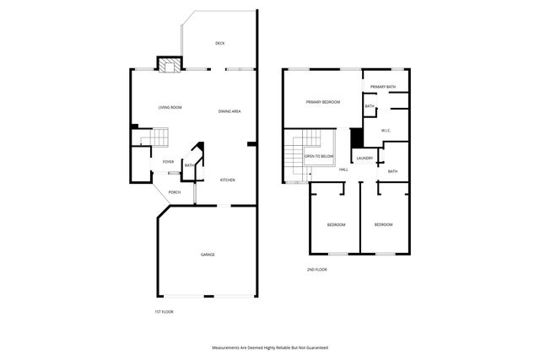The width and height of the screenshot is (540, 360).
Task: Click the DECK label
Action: tap(219, 43)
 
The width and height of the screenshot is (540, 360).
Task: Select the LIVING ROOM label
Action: tap(170, 108)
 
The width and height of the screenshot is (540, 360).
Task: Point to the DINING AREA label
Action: tap(230, 111)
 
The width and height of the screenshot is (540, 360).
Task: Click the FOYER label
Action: tap(168, 161)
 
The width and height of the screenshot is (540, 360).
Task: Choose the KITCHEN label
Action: tap(228, 180)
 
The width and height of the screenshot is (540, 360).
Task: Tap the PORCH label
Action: tap(175, 192)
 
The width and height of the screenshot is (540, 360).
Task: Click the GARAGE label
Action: tap(208, 255)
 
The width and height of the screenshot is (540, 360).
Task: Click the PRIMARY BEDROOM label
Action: tap(323, 102)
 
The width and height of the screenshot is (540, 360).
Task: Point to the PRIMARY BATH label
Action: tap(383, 87)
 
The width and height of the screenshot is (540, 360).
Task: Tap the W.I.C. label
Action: tap(385, 131)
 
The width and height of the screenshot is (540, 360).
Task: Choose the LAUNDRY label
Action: tap(364, 159)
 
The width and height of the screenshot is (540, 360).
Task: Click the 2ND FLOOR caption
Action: tap(316, 270)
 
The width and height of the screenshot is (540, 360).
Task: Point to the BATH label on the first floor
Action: tap(190, 165)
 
